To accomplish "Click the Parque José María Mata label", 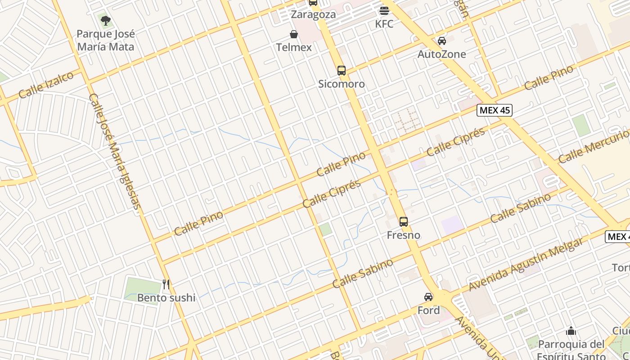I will pyautogui.click(x=106, y=40).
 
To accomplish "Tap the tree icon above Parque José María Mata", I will pyautogui.click(x=106, y=20).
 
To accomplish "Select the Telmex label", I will pyautogui.click(x=294, y=47).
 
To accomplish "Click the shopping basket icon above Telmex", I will pyautogui.click(x=294, y=34).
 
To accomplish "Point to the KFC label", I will pyautogui.click(x=384, y=24).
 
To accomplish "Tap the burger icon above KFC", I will pyautogui.click(x=384, y=11).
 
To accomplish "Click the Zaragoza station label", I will pyautogui.click(x=313, y=14).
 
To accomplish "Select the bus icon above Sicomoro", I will pyautogui.click(x=342, y=70).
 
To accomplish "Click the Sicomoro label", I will pyautogui.click(x=342, y=84).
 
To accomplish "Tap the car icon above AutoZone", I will pyautogui.click(x=442, y=41).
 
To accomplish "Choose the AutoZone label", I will pyautogui.click(x=442, y=54).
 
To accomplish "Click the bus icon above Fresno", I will pyautogui.click(x=404, y=221).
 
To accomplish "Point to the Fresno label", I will pyautogui.click(x=404, y=235).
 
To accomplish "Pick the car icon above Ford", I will pyautogui.click(x=428, y=297).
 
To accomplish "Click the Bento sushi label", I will pyautogui.click(x=166, y=297).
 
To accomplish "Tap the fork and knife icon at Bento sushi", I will pyautogui.click(x=166, y=284).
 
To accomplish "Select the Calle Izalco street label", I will pyautogui.click(x=46, y=85).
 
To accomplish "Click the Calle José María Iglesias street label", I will pyautogui.click(x=115, y=151).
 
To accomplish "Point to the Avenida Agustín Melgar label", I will pyautogui.click(x=526, y=264).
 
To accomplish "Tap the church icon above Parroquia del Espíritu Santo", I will pyautogui.click(x=571, y=331).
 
